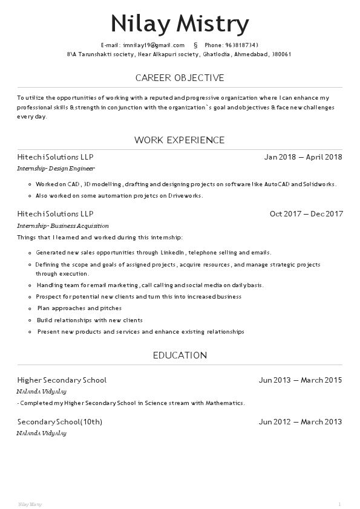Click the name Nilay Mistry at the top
tap(180, 24)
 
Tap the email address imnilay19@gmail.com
tap(154, 45)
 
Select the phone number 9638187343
tap(241, 45)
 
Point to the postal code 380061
tap(282, 54)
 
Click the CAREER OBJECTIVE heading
tap(180, 78)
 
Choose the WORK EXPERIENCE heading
tap(180, 140)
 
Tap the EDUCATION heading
tap(180, 355)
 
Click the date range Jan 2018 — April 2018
tap(303, 157)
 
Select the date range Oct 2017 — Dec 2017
tap(306, 214)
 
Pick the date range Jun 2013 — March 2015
tap(300, 380)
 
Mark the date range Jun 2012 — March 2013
tap(300, 422)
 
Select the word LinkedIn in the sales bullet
tap(172, 253)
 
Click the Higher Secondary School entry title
tap(62, 380)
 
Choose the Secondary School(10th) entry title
tap(60, 422)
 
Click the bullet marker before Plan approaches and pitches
tap(30, 309)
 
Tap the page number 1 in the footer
tap(339, 504)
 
